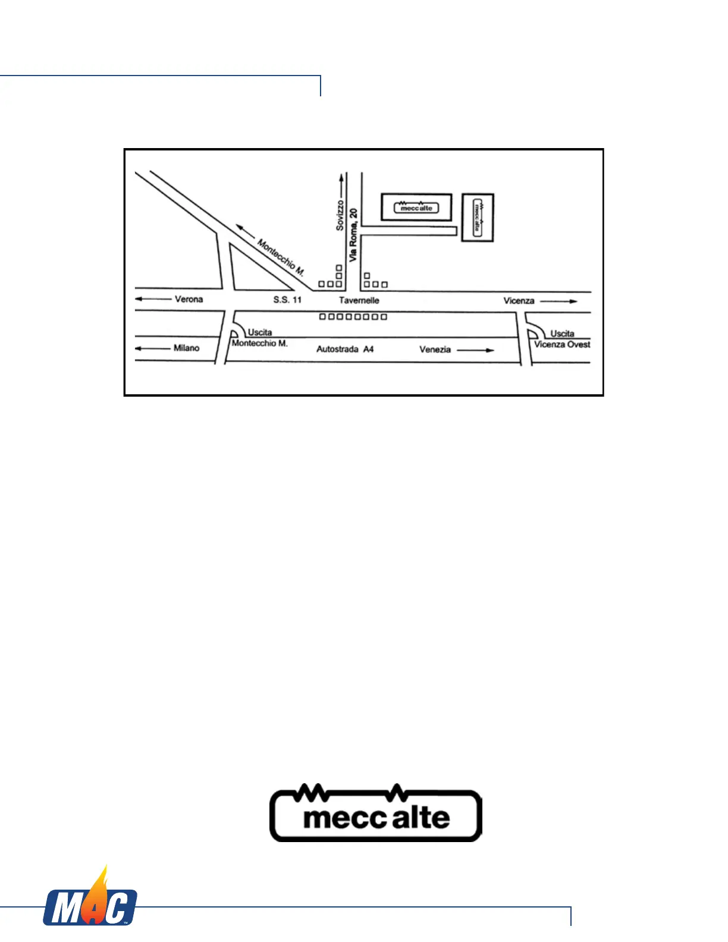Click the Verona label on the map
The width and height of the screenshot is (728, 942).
coord(189,299)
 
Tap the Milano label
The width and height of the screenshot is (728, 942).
coord(186,348)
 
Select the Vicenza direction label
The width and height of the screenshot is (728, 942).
coord(519,301)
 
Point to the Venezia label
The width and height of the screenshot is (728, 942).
coord(435,350)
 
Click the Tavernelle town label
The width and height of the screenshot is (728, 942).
coord(359,300)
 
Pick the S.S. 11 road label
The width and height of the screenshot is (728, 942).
coord(287,300)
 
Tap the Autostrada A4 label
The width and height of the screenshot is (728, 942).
coord(345,349)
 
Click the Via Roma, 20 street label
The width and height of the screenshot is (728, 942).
coord(353,235)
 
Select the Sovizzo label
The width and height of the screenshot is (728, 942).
coord(340,215)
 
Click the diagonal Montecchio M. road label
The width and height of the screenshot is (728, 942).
coord(281,257)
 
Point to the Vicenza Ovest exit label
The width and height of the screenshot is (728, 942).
coord(562,344)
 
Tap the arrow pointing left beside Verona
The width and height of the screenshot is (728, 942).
coord(153,299)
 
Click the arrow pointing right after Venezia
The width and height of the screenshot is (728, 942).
coord(476,350)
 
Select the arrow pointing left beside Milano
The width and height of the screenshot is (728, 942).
coord(152,348)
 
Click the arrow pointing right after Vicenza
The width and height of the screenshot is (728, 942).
coord(558,302)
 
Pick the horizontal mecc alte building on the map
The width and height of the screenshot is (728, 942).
coord(416,208)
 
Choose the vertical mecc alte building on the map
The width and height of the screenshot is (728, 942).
coord(478,218)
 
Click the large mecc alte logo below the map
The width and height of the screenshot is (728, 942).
coord(376,814)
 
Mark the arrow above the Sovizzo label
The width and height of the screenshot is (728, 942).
coord(341,185)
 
